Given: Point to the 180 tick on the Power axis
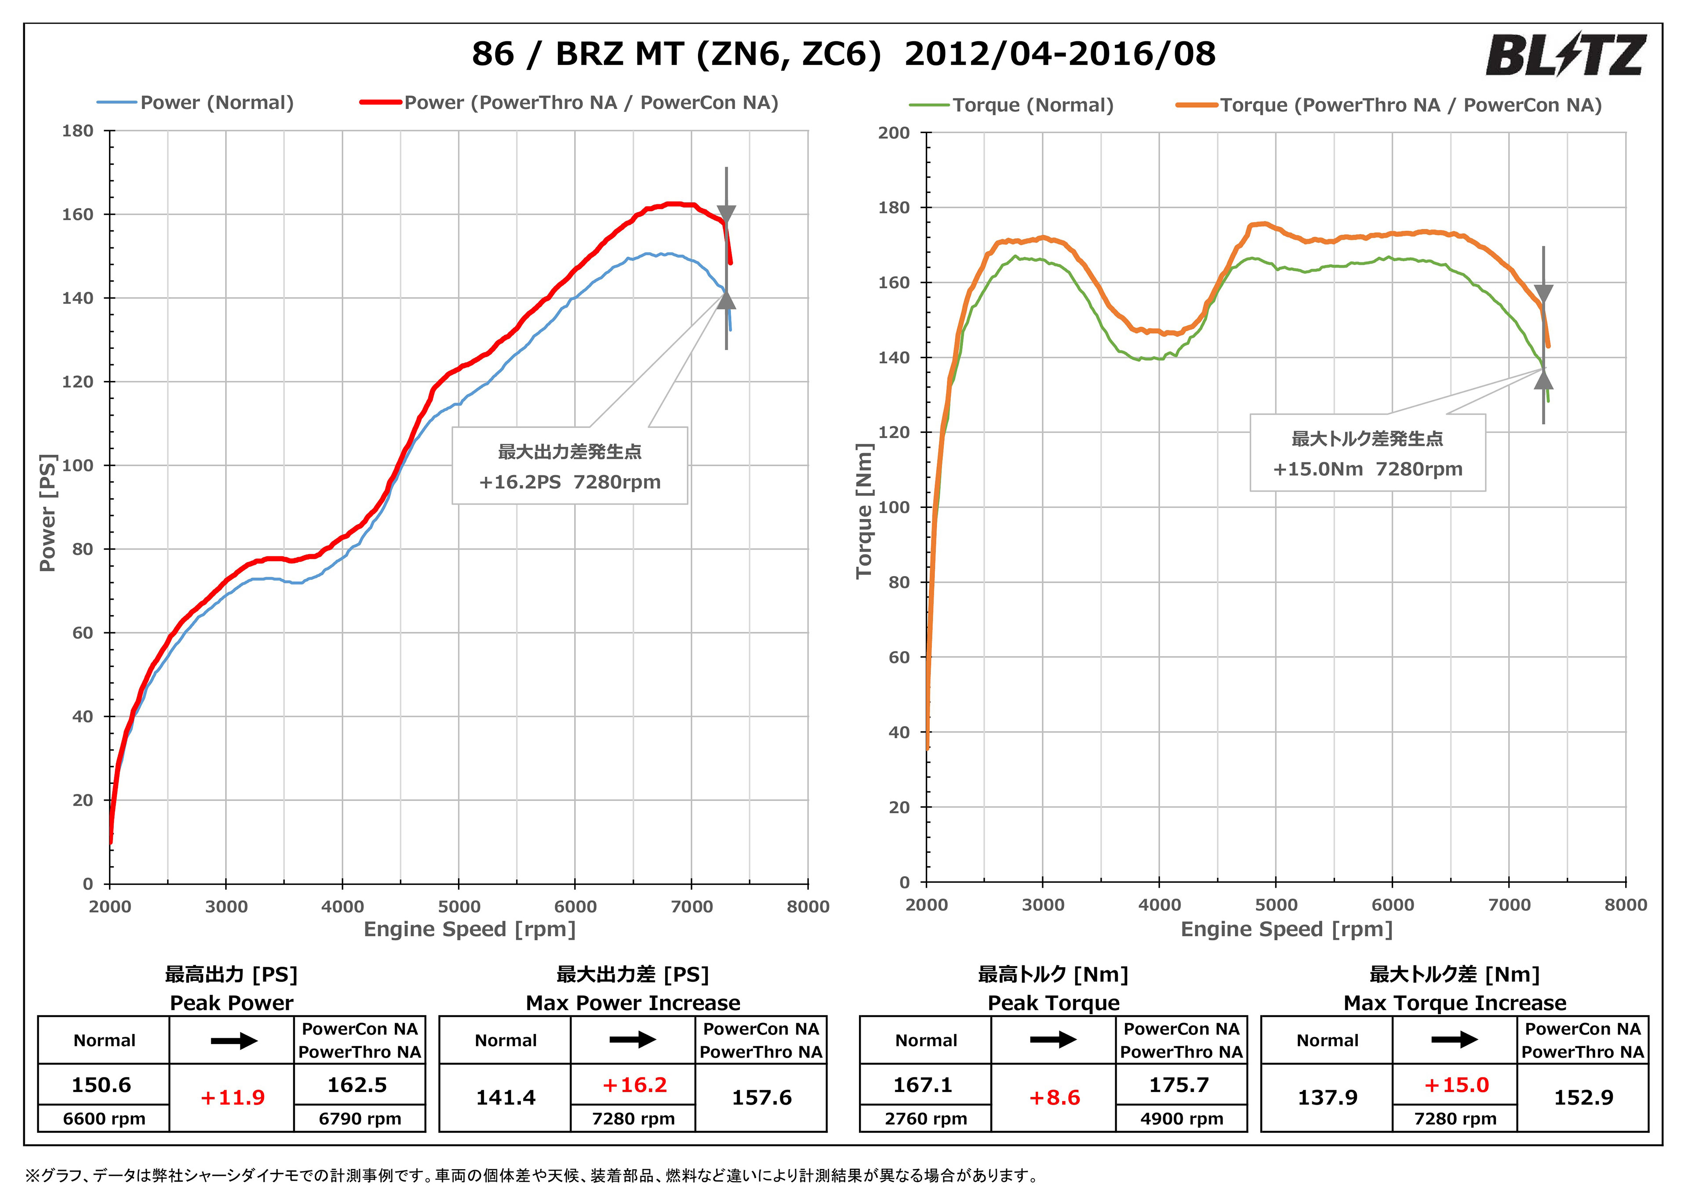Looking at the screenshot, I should tap(78, 131).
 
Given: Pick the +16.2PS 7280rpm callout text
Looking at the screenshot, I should tap(570, 482).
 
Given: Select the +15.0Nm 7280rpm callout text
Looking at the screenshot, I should tap(1368, 469).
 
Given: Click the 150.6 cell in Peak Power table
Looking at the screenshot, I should tap(102, 1085).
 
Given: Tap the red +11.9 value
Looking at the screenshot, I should tap(233, 1098).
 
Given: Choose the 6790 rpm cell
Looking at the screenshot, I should tap(360, 1119).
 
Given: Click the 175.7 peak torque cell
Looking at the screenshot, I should tap(1179, 1085).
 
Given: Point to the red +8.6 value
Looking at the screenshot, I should tap(1054, 1098).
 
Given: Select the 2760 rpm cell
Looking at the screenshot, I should tap(926, 1119).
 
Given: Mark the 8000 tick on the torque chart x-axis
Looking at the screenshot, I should tap(1625, 905).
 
